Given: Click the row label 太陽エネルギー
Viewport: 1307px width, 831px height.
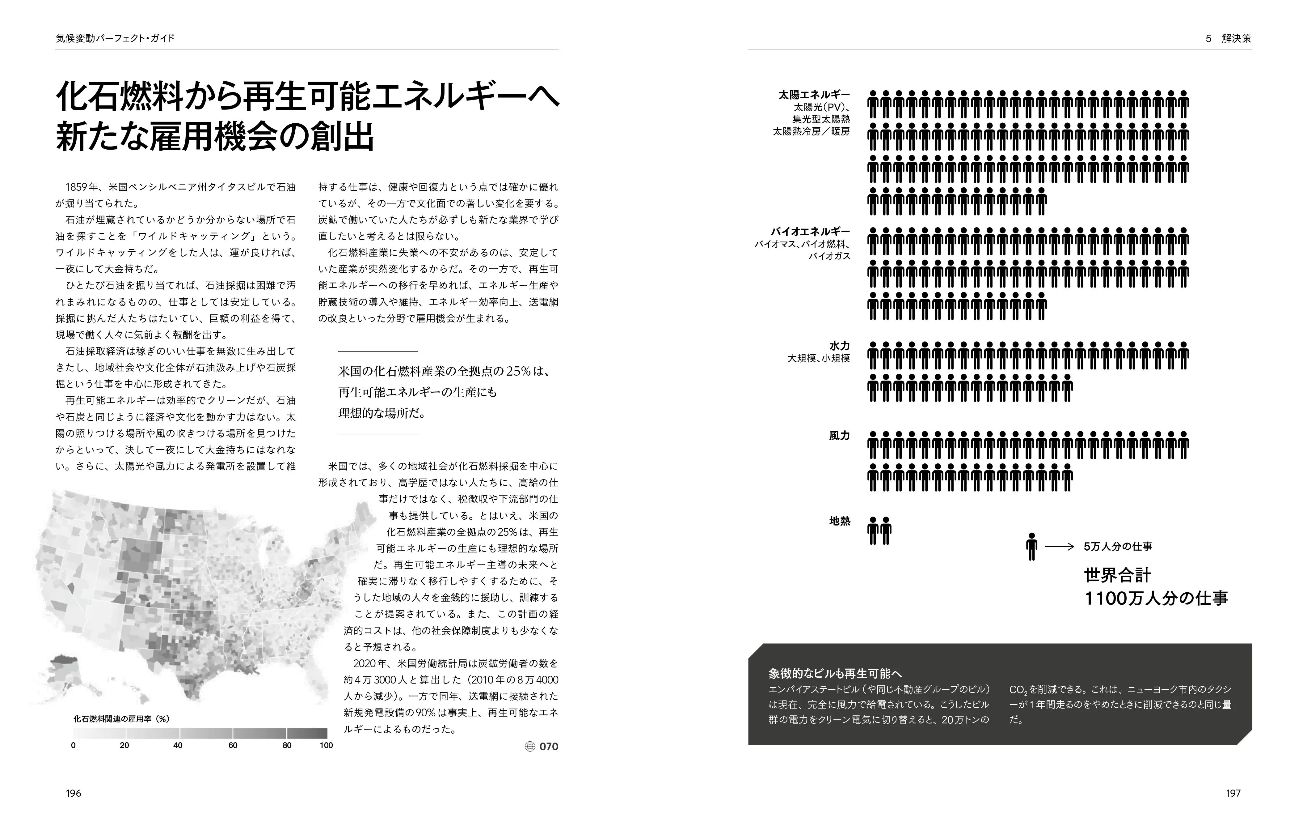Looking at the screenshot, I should [x=814, y=95].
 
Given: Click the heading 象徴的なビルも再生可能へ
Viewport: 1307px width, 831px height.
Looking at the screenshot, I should [x=835, y=674].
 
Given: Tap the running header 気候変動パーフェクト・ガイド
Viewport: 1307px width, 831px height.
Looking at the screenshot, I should [x=115, y=39].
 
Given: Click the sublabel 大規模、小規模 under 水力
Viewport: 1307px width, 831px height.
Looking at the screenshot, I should [x=819, y=359].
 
